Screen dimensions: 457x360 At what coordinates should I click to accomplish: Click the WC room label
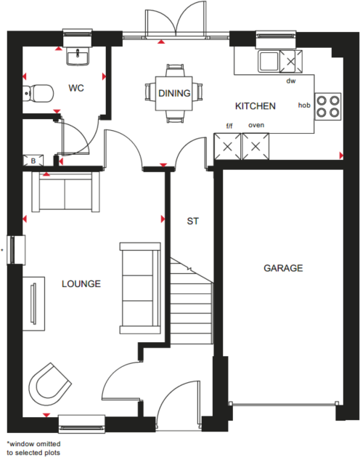click(77, 89)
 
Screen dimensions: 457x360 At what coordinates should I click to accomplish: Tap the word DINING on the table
click(174, 93)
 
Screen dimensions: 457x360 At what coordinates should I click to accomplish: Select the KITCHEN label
click(255, 106)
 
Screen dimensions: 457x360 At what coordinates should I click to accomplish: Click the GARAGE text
click(283, 268)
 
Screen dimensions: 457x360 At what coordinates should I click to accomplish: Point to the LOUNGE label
click(81, 283)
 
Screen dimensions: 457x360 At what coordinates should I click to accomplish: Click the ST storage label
click(192, 219)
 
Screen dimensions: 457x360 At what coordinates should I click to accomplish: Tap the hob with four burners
click(329, 106)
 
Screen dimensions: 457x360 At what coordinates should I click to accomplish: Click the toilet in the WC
click(38, 93)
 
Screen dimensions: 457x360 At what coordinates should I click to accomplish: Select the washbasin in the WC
click(76, 55)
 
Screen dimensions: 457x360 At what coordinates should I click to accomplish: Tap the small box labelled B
click(33, 161)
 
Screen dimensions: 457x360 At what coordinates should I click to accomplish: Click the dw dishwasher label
click(291, 81)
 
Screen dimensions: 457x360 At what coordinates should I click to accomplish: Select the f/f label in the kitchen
click(230, 126)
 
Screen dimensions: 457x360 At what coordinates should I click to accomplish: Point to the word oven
click(255, 125)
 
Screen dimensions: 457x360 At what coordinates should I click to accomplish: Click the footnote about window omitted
click(33, 446)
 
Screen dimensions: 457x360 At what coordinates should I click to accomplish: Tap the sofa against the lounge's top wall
click(65, 192)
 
